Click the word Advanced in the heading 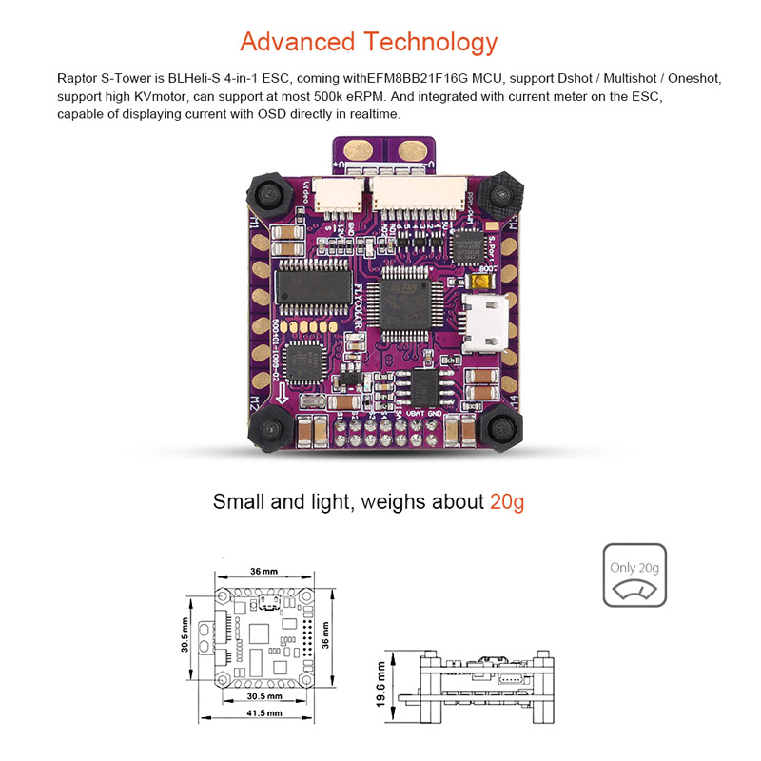pos(295,42)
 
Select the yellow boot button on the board pos(481,283)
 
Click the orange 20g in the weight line pos(506,501)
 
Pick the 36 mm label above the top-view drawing pos(263,571)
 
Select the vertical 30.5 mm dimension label pos(186,634)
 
